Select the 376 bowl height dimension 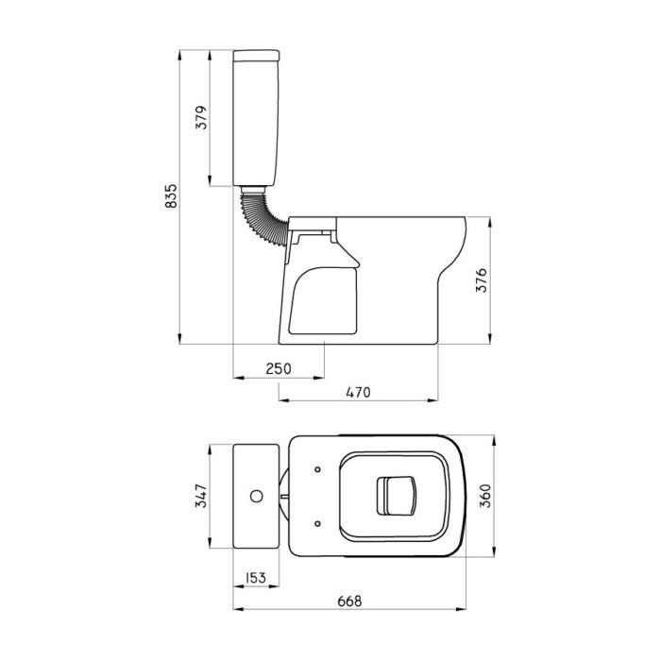[x=482, y=281]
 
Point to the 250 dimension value [x=277, y=367]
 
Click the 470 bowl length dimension [x=357, y=391]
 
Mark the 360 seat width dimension [x=485, y=495]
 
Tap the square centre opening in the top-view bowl [x=398, y=495]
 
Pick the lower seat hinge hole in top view [x=317, y=520]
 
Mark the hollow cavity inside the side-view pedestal [x=325, y=297]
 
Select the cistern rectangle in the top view [x=256, y=495]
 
